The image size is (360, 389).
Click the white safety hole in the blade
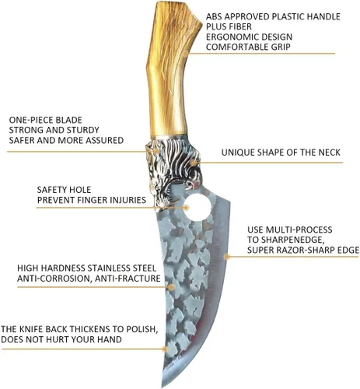(198, 208)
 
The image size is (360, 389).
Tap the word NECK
(330, 152)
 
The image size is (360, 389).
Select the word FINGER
(92, 200)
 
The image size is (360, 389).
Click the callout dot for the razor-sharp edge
(227, 257)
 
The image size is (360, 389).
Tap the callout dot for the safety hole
(187, 208)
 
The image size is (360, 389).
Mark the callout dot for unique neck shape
(193, 163)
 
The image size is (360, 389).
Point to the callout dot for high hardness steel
(171, 287)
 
